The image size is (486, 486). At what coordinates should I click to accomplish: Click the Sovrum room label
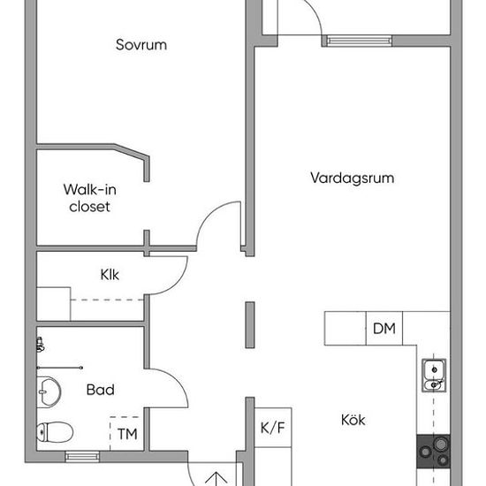point(141,45)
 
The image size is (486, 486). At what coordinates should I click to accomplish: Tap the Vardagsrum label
point(353,178)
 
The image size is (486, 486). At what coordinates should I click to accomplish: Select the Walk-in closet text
point(90,198)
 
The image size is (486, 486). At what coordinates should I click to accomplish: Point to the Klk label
point(110,275)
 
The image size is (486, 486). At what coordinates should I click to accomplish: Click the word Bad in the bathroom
point(101,390)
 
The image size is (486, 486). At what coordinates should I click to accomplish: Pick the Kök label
point(353,420)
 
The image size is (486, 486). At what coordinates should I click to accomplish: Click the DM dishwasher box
point(384,328)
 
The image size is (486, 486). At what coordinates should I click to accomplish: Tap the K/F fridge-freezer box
point(273,428)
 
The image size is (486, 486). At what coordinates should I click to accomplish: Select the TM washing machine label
point(127,434)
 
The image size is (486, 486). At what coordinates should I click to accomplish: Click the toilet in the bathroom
point(55,432)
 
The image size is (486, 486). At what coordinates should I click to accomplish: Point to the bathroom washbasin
point(49,392)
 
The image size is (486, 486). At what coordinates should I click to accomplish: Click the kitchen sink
point(434,376)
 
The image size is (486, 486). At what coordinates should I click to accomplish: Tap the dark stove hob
point(433,452)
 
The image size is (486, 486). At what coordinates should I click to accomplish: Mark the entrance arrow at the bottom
point(216,479)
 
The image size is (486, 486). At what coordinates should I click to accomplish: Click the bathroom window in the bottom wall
point(82,457)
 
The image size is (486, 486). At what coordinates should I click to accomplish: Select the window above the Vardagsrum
point(360,41)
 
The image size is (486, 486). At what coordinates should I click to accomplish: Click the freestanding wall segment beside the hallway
point(250,325)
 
